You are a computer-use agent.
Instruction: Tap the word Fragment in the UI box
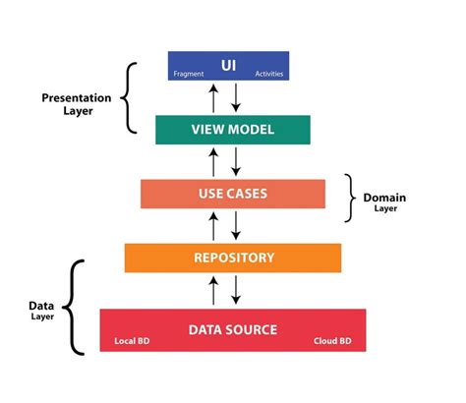coord(189,75)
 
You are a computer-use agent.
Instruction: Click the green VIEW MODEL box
coord(232,130)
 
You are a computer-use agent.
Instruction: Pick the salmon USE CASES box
coord(232,194)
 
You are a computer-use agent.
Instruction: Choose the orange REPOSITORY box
coord(232,258)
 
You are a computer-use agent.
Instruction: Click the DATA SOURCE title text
coord(233,329)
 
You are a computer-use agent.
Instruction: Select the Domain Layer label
coord(384,202)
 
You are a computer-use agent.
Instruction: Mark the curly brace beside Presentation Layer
coord(128,97)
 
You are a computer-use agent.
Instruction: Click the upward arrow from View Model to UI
coord(214,98)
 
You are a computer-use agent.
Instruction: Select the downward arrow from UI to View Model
coord(236,98)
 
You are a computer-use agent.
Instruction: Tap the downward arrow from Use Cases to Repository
coord(236,225)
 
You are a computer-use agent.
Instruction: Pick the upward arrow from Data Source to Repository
coord(214,290)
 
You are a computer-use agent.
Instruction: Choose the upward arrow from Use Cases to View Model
coord(214,161)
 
